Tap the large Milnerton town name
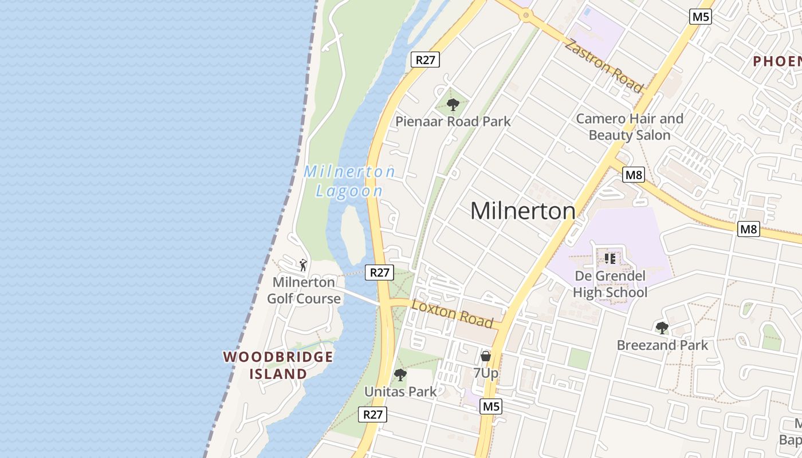(522, 211)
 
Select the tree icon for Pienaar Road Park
(453, 105)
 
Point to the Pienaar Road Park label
(453, 121)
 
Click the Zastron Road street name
(603, 65)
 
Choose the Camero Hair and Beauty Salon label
(630, 127)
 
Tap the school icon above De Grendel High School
(610, 259)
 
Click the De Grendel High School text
(610, 285)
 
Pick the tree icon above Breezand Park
(662, 328)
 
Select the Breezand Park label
(662, 345)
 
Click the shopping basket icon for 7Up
(486, 356)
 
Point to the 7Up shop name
(486, 373)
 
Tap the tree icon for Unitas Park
(400, 375)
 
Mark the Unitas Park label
(400, 392)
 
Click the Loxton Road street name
(453, 314)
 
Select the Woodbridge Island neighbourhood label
(278, 365)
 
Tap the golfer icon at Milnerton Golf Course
(303, 265)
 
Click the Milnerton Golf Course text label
(304, 290)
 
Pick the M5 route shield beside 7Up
(491, 406)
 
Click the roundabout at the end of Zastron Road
(525, 15)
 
